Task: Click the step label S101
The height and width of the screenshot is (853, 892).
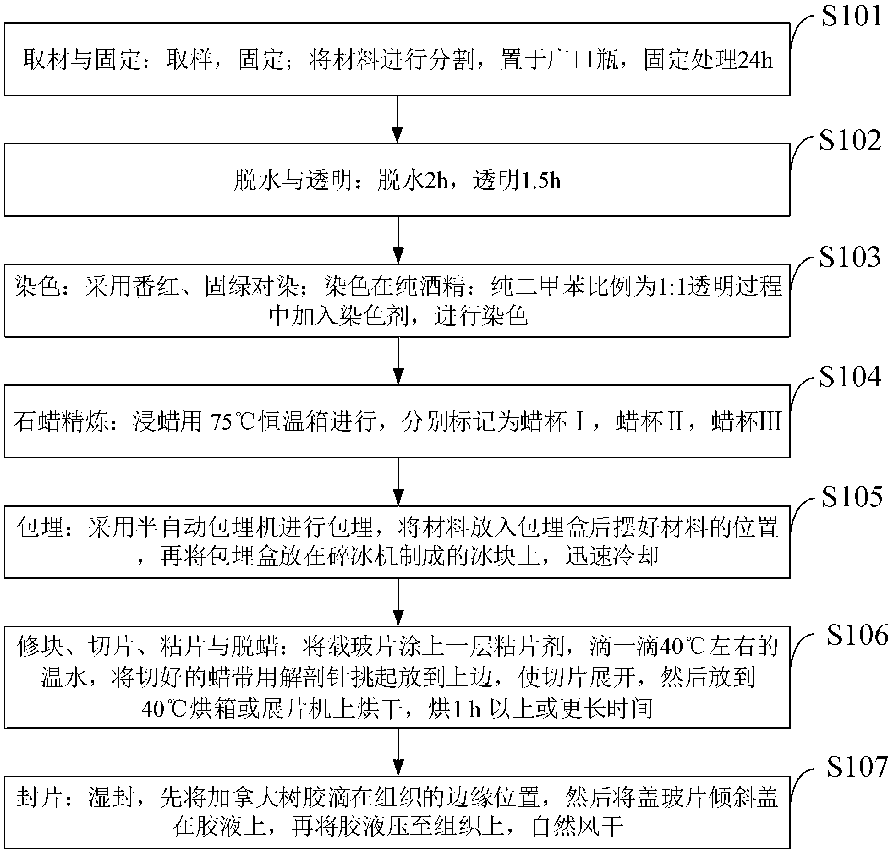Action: tap(851, 16)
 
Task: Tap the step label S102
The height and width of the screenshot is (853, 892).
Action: tap(850, 140)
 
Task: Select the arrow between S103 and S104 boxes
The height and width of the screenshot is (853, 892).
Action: tap(398, 360)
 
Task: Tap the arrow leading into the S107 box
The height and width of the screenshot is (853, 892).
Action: tap(398, 752)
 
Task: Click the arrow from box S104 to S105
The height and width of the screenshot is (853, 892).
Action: tap(398, 481)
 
